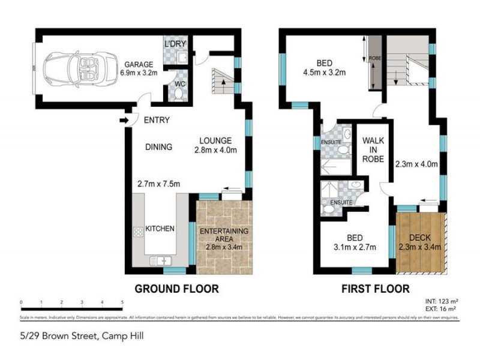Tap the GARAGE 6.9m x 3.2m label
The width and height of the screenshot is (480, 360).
click(x=139, y=68)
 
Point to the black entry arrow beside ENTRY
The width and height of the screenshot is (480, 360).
click(x=125, y=121)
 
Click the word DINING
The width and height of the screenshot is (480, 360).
click(x=158, y=146)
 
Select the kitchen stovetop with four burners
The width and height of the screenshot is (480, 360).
click(x=138, y=232)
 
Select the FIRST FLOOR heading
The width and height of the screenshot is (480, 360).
click(x=375, y=288)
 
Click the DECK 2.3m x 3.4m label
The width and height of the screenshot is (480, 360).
click(x=420, y=241)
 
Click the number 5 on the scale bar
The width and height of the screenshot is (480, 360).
click(x=122, y=302)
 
